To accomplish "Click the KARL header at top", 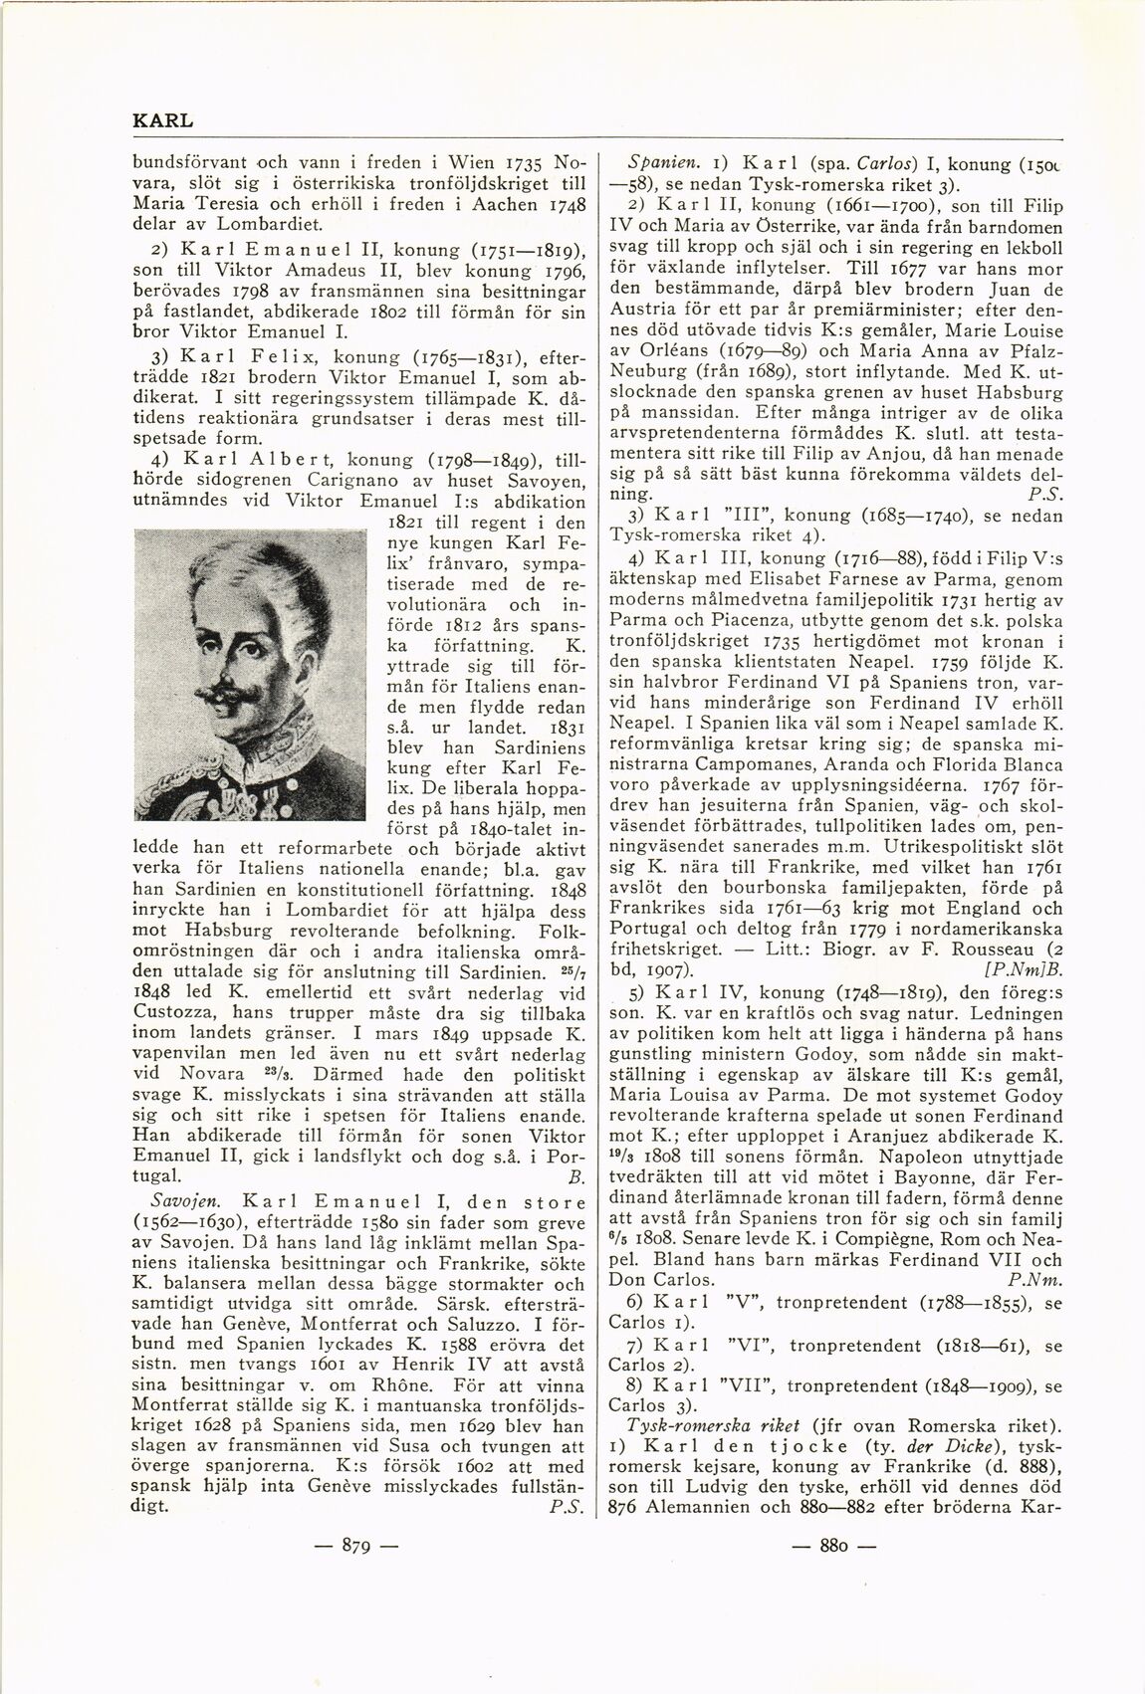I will (162, 120).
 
